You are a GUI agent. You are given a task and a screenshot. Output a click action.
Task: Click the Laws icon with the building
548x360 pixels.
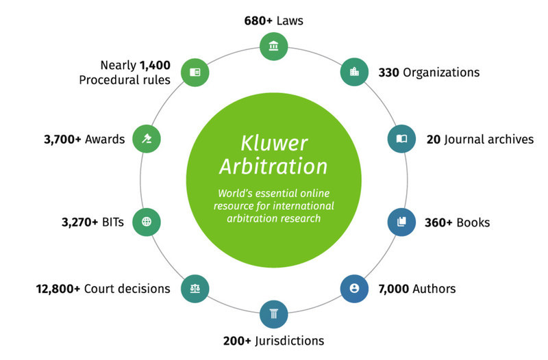tap(274, 47)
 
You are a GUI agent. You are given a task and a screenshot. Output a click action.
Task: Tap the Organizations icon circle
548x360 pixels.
tap(354, 72)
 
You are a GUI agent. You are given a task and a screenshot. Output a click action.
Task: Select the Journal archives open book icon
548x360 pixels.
tap(401, 139)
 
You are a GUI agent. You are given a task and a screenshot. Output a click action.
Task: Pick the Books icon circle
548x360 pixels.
tap(401, 222)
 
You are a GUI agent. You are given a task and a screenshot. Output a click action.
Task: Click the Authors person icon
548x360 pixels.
tap(354, 288)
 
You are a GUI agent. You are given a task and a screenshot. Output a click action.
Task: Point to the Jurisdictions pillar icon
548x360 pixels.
tap(274, 314)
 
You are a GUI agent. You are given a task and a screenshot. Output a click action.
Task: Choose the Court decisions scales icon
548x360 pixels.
tap(194, 288)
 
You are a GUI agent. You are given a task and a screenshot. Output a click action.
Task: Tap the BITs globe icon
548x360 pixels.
tap(146, 222)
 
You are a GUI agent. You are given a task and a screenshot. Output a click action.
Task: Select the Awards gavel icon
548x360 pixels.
tap(146, 139)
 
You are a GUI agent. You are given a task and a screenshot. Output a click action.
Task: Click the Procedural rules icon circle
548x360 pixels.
tap(194, 72)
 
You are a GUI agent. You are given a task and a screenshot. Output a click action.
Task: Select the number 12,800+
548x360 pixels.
tap(58, 288)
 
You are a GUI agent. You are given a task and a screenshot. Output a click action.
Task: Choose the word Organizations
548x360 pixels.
tap(440, 72)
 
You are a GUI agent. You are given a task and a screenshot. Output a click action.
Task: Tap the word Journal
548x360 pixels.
tap(465, 139)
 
